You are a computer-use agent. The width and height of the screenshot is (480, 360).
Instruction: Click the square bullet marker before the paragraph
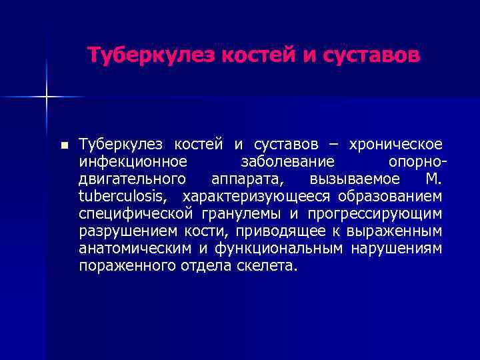coord(63,145)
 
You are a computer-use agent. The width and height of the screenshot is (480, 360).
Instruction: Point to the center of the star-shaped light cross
coord(47,97)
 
